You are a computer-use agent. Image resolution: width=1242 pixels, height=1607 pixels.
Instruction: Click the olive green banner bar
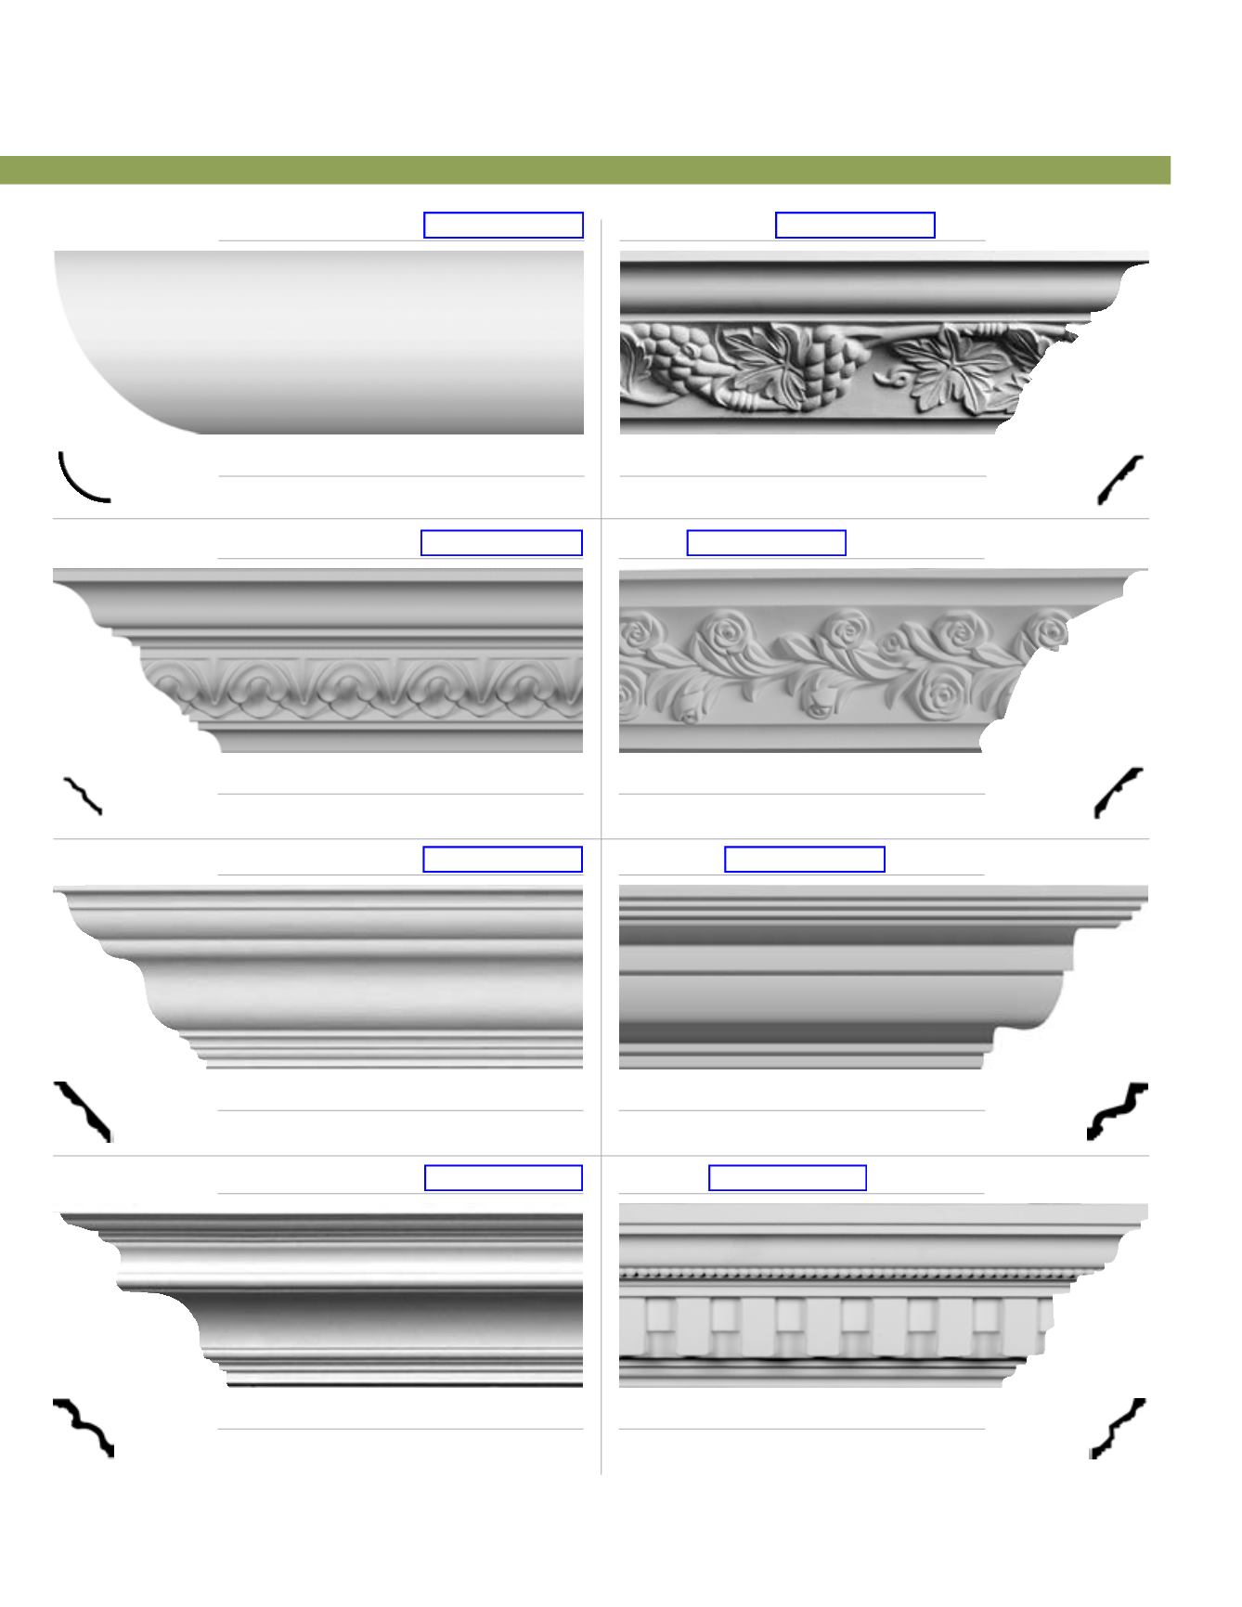click(x=585, y=171)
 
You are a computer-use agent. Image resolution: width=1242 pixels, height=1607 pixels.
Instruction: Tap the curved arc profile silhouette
click(x=82, y=477)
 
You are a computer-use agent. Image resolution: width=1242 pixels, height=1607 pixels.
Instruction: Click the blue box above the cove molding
click(x=503, y=226)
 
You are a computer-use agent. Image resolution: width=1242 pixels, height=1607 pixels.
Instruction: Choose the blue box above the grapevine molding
click(x=855, y=226)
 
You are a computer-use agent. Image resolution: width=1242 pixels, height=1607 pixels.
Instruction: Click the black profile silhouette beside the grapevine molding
click(x=1120, y=479)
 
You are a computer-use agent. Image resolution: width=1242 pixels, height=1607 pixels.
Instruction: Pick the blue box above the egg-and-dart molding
click(x=501, y=543)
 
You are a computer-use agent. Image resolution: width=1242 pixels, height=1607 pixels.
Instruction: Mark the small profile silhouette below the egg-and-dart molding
click(x=83, y=796)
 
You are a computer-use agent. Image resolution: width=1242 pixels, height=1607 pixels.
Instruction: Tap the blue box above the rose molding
click(x=767, y=543)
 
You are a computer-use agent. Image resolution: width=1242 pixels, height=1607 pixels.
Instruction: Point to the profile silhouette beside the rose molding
click(x=1118, y=792)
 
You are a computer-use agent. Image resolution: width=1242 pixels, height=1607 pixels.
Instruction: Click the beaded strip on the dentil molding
click(x=835, y=1273)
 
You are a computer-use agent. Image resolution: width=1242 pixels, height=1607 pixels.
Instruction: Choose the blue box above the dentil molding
click(x=787, y=1178)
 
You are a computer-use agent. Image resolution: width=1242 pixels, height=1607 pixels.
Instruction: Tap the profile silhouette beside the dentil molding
click(x=1118, y=1427)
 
